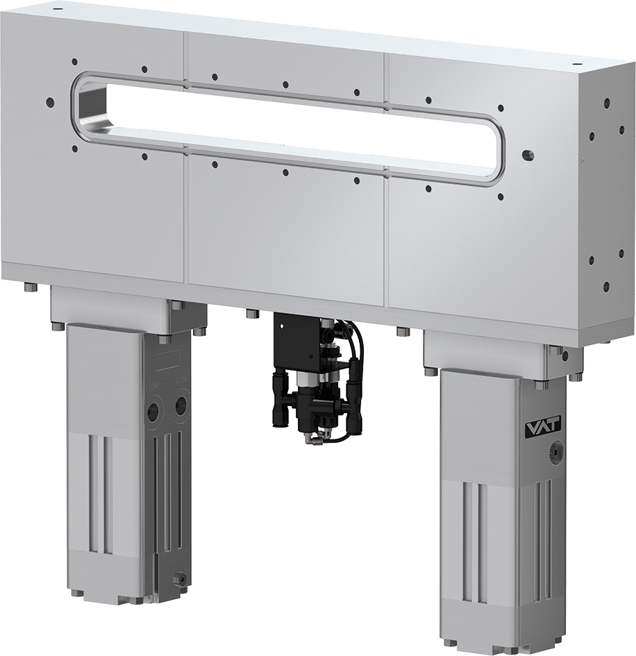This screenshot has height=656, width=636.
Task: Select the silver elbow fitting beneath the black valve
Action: pyautogui.click(x=315, y=434)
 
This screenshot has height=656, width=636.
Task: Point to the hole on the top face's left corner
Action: pyautogui.click(x=56, y=10)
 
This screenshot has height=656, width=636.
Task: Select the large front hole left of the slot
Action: pyautogui.click(x=49, y=102)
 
